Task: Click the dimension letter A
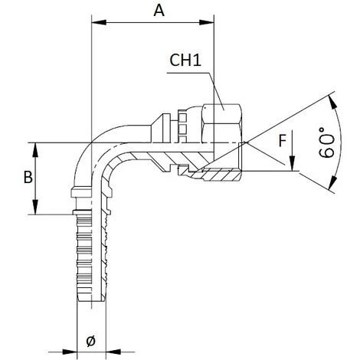pos(159,11)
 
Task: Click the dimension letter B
pos(28,177)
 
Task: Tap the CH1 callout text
pos(185,61)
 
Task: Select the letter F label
pos(282,141)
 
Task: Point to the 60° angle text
pos(326,142)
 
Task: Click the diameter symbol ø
pos(90,341)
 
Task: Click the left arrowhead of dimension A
pos(99,22)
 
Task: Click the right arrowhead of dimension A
pos(206,22)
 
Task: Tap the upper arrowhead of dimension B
pos(35,150)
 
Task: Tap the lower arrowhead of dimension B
pos(35,207)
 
